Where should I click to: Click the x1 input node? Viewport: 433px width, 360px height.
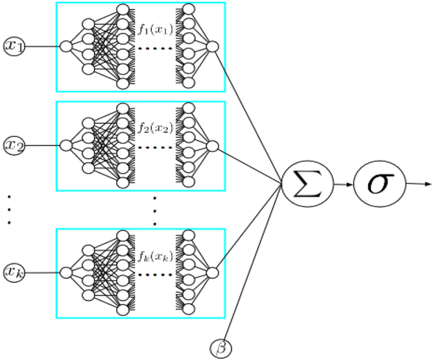13,46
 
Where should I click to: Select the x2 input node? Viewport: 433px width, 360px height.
13,146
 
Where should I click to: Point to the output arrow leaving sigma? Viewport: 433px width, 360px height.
417,185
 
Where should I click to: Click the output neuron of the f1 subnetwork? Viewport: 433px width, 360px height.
212,46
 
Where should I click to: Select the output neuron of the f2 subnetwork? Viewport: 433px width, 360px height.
212,146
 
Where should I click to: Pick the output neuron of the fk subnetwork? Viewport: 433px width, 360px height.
212,273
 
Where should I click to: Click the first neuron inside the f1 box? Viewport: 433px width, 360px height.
65,46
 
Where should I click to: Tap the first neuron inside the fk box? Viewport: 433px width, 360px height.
65,273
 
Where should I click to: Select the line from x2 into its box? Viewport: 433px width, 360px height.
41,146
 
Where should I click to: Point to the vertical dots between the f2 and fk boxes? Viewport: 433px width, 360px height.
154,210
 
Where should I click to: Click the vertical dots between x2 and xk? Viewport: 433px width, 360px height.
9,210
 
